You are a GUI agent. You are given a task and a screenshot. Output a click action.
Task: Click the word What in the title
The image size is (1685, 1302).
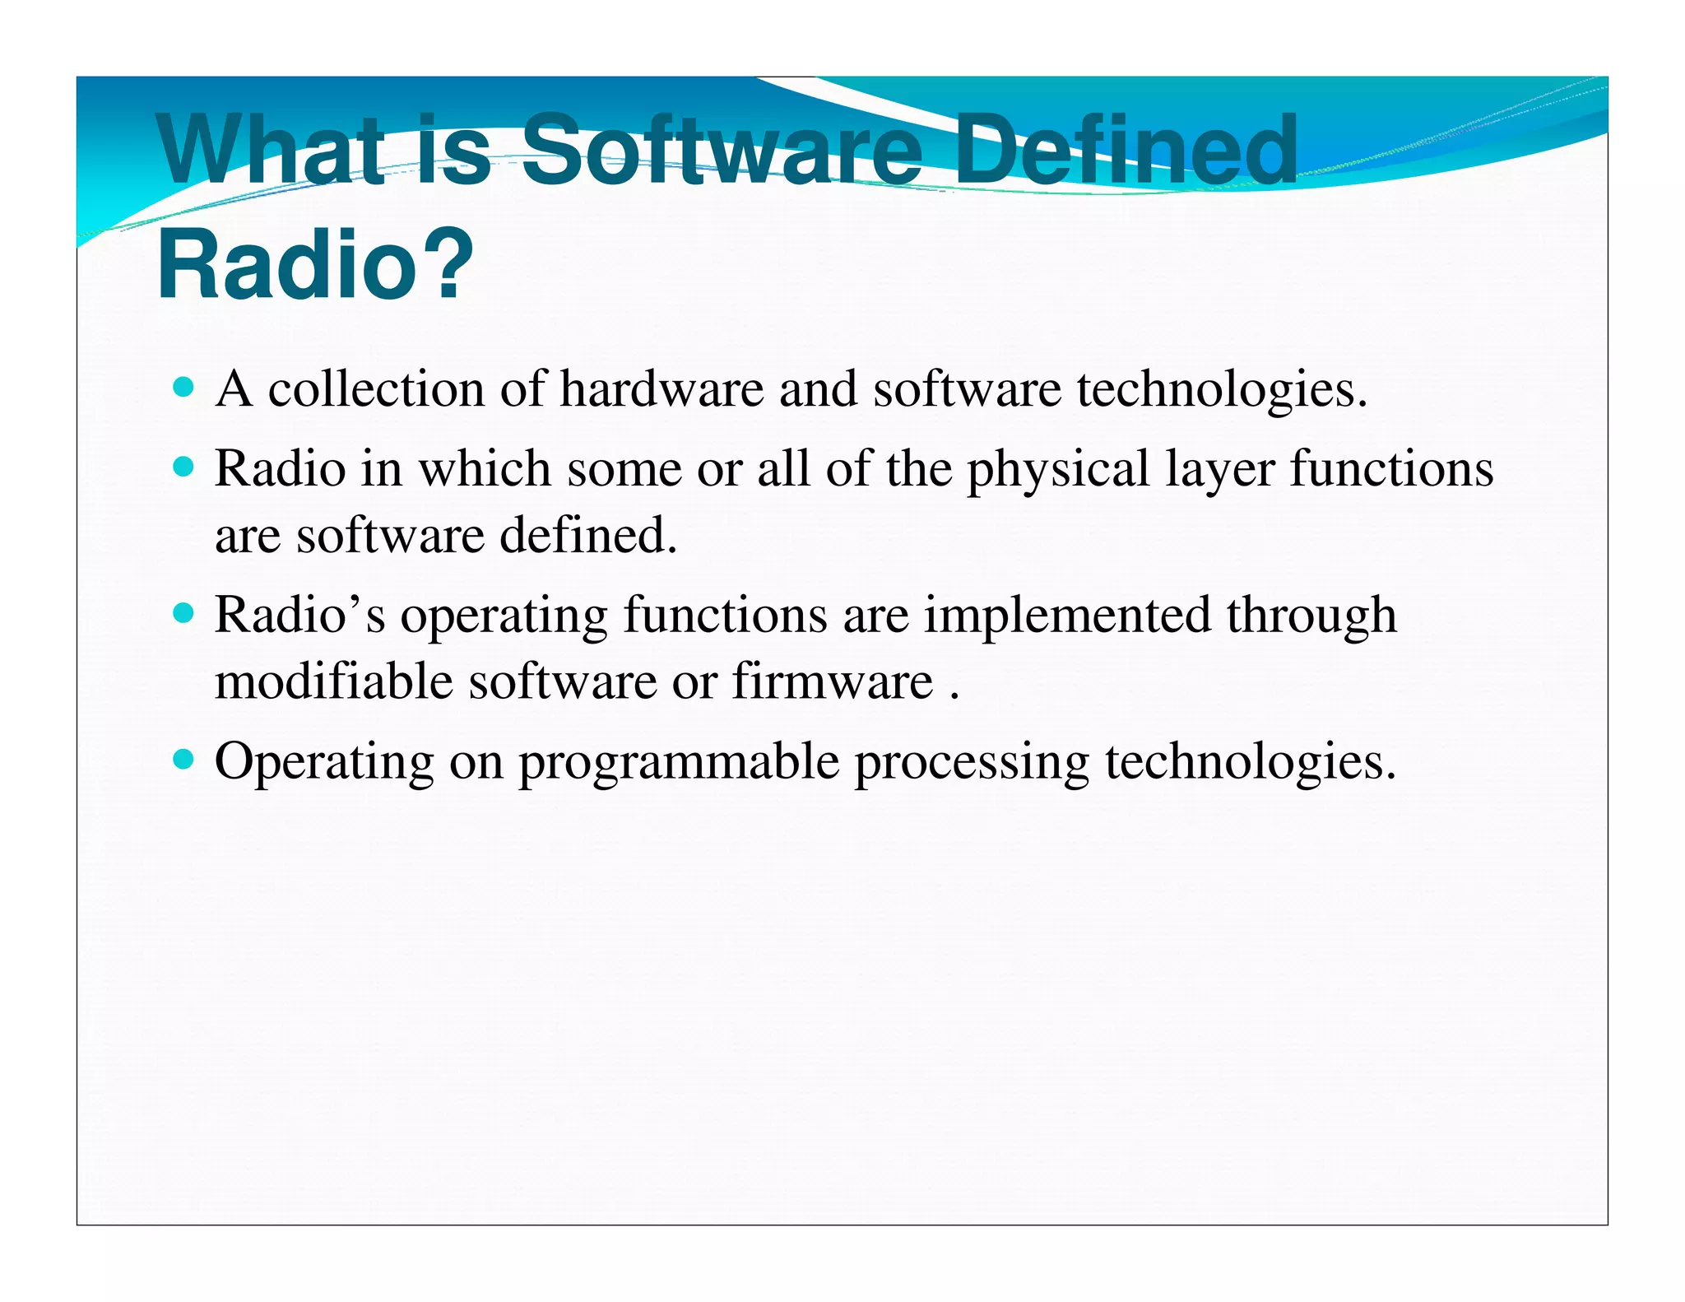tap(272, 151)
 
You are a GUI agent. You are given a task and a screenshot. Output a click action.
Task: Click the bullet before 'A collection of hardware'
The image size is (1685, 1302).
tap(184, 387)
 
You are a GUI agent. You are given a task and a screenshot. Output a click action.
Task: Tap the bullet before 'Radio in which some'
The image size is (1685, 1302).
tap(184, 467)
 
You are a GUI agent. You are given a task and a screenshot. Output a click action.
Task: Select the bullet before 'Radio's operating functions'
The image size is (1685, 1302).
tap(184, 613)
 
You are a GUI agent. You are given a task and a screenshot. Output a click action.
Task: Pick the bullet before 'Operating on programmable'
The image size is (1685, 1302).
tap(184, 759)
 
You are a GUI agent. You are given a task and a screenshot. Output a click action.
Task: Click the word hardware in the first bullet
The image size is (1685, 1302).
tap(661, 388)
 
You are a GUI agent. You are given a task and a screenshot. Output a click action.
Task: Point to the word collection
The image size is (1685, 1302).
tap(376, 388)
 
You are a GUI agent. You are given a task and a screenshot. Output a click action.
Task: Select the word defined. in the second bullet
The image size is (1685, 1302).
tap(588, 535)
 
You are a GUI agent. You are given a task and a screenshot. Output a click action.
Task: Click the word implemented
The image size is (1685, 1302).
tap(1067, 616)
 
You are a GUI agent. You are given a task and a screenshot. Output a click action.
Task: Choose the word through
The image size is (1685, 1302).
tap(1311, 616)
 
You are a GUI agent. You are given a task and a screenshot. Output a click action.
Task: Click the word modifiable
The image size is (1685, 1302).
tap(333, 681)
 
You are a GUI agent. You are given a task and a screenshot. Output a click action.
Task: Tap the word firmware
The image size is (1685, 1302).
tap(833, 681)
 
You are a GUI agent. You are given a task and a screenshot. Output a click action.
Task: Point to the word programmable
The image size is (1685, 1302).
tap(679, 762)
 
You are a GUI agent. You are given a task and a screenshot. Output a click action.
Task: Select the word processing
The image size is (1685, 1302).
tap(972, 762)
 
